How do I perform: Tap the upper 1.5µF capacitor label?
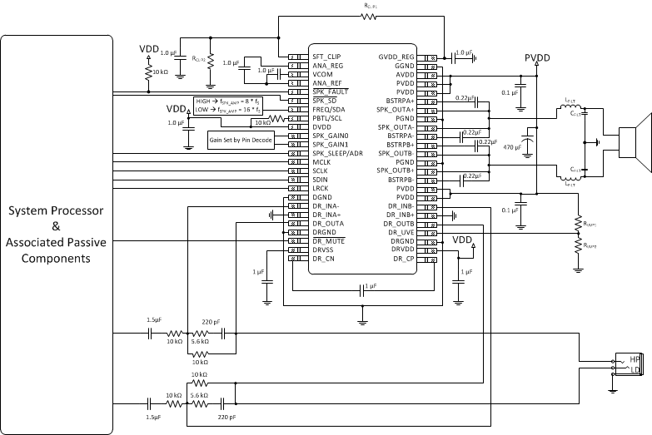click(154, 319)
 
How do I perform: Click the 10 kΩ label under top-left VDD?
click(162, 73)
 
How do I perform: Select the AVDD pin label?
click(405, 73)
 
